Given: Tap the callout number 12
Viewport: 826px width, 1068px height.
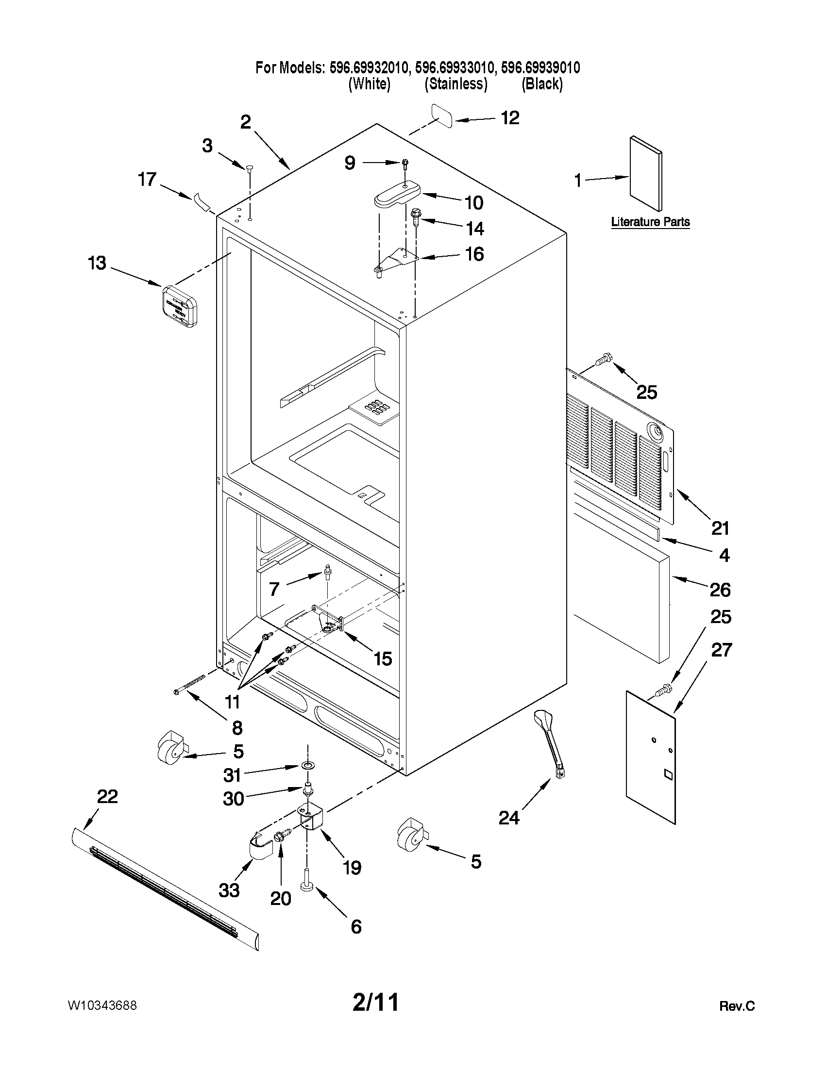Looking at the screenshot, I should pyautogui.click(x=510, y=118).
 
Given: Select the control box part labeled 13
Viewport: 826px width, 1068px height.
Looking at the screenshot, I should pyautogui.click(x=180, y=306).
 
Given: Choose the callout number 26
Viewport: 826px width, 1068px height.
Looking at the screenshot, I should pyautogui.click(x=720, y=590).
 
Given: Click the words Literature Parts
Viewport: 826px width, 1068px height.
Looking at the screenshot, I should pyautogui.click(x=650, y=222).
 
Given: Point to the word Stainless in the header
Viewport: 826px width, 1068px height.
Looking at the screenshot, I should pyautogui.click(x=455, y=84).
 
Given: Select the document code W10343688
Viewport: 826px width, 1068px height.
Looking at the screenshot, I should pyautogui.click(x=102, y=1005).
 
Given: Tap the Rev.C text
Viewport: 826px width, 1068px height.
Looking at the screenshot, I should pyautogui.click(x=737, y=1006).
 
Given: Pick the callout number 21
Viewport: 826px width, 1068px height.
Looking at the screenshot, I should pyautogui.click(x=720, y=528).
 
